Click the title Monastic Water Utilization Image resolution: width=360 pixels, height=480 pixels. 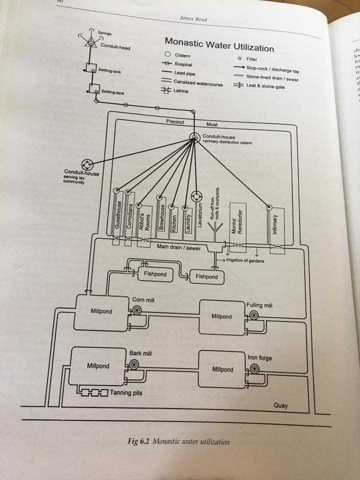pyautogui.click(x=219, y=44)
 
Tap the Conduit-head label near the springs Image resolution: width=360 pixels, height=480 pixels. pyautogui.click(x=115, y=47)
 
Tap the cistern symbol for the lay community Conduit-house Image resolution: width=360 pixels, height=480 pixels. pyautogui.click(x=87, y=164)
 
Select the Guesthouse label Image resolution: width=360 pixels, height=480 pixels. pyautogui.click(x=117, y=217)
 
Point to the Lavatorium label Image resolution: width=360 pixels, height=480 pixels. pyautogui.click(x=199, y=215)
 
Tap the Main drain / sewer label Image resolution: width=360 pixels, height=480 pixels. pyautogui.click(x=178, y=247)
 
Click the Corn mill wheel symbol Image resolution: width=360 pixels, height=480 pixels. pyautogui.click(x=137, y=310)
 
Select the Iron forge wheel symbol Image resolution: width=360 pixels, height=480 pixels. pyautogui.click(x=253, y=368)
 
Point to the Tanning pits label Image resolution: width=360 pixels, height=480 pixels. pyautogui.click(x=127, y=392)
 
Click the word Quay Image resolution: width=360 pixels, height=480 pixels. pyautogui.click(x=280, y=405)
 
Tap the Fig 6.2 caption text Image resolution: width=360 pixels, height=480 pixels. pyautogui.click(x=179, y=441)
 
